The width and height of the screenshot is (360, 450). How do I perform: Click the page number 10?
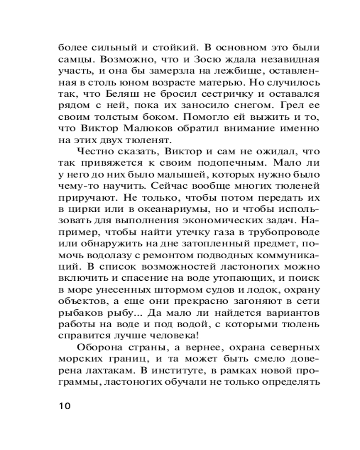pyautogui.click(x=64, y=405)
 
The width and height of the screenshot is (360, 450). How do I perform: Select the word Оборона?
pyautogui.click(x=100, y=350)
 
